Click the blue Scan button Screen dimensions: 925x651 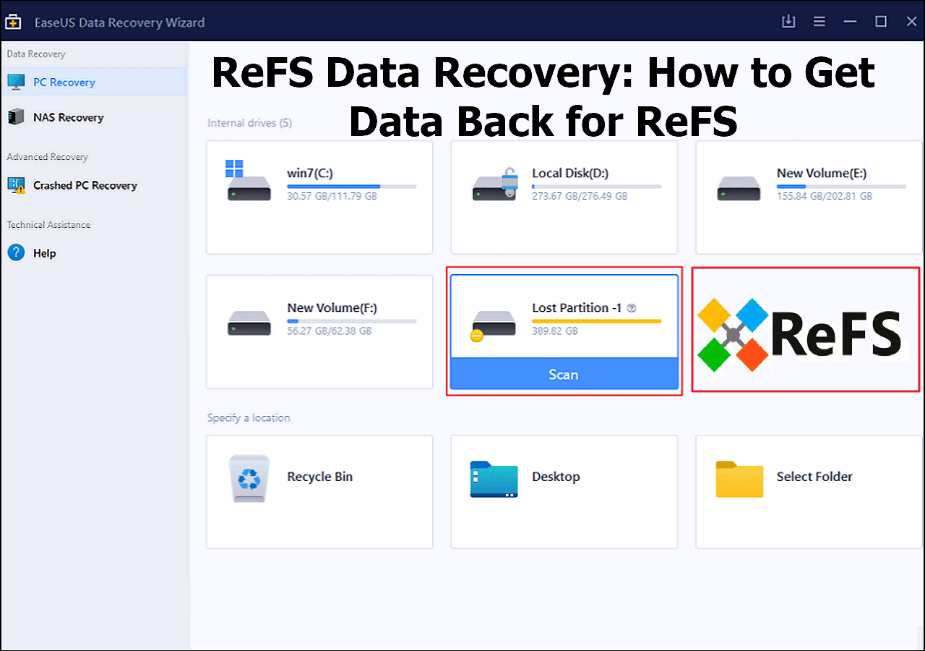coord(564,374)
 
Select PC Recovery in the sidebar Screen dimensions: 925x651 coord(64,82)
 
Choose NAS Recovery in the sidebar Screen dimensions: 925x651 coord(69,117)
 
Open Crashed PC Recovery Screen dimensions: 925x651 coord(85,185)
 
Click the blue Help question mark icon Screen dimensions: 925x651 coord(16,252)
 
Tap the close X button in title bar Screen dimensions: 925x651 coord(911,22)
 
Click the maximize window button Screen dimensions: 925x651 coord(881,22)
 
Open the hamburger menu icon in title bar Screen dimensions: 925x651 coord(819,22)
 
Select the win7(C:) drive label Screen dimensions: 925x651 coord(310,173)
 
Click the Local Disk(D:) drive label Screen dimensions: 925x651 coord(570,173)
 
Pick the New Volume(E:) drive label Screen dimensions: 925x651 coord(822,173)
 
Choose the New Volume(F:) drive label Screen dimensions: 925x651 coord(332,307)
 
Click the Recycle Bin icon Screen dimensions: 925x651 coord(249,478)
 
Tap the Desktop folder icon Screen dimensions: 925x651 coord(494,479)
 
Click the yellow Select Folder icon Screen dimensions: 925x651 coord(739,479)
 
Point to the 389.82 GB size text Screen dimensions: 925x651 coord(554,331)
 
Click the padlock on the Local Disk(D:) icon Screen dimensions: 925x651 coord(510,181)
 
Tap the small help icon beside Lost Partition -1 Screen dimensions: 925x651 coord(632,308)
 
